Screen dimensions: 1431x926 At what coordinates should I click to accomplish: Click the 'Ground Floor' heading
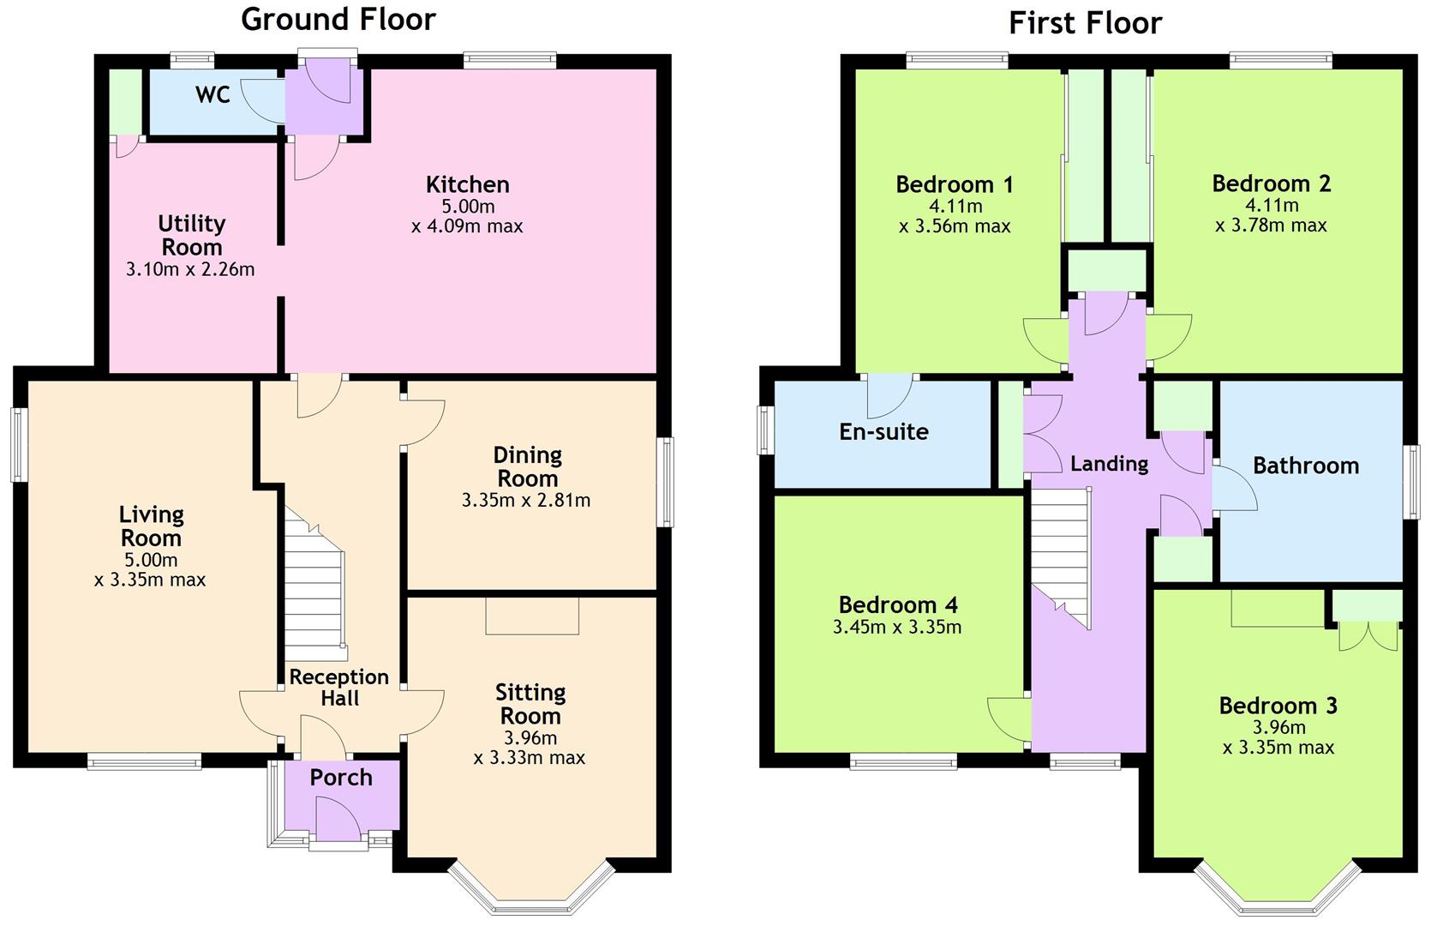point(338,19)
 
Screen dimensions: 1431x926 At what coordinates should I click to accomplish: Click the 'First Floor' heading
point(1086,23)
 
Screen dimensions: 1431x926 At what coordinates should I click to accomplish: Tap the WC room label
point(213,94)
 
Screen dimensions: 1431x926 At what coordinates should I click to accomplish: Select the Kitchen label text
point(468,184)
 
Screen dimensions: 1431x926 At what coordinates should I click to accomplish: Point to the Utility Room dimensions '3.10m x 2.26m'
point(190,270)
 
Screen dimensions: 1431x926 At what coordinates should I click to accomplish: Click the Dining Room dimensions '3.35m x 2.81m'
point(526,501)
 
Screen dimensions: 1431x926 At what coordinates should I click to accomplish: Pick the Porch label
point(341,777)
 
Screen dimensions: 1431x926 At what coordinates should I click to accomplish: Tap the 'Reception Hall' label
point(339,688)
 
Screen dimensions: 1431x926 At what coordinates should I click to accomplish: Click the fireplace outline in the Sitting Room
point(532,616)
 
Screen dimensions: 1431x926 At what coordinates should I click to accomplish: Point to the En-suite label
point(884,432)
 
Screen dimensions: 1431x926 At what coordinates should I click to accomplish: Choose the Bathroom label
point(1306,466)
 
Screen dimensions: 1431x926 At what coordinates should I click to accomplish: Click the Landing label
point(1110,463)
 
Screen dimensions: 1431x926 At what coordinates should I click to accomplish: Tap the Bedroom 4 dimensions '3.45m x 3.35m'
point(897,628)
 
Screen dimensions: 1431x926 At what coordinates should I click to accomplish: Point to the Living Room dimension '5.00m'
point(151,561)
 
